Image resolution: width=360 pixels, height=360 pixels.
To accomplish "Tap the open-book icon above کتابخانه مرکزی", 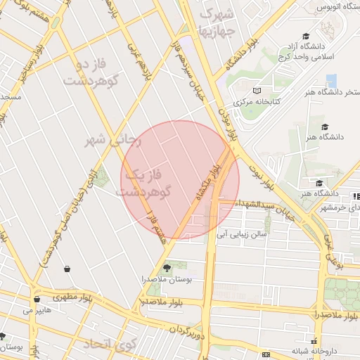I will (257, 91).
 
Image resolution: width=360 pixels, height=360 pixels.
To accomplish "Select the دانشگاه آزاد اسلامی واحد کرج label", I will (307, 50).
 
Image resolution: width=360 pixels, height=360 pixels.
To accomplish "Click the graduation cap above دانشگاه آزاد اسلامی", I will (306, 36).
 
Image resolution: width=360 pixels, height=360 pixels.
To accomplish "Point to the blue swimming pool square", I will (331, 80).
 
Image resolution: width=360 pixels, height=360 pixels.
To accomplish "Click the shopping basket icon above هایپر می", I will (37, 299).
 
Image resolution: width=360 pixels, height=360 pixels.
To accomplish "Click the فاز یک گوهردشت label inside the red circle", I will (148, 181).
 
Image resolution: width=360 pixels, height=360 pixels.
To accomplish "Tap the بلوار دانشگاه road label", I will (242, 53).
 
